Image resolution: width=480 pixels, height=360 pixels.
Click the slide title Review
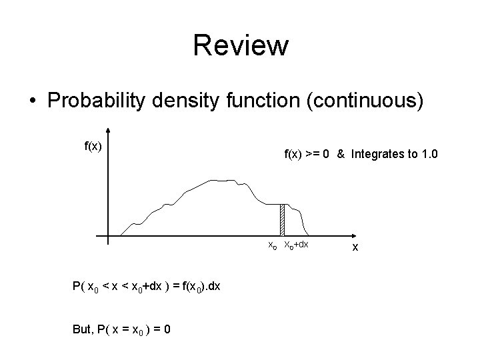click(x=241, y=46)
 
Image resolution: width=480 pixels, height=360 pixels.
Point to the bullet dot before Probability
click(x=33, y=102)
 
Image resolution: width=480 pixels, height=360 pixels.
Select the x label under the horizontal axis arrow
click(x=355, y=248)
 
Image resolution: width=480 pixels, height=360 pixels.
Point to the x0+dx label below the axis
click(x=297, y=245)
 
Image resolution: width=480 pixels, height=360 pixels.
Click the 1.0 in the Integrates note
click(x=429, y=154)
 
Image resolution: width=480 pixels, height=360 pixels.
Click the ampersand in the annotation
click(x=340, y=154)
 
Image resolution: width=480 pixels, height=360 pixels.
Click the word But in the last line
click(x=80, y=328)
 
